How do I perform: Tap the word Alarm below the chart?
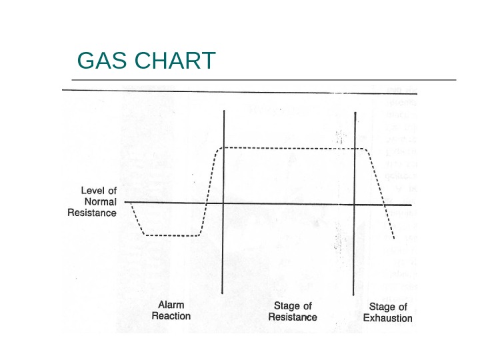point(171,305)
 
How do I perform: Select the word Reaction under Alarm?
point(171,316)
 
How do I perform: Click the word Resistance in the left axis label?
point(92,213)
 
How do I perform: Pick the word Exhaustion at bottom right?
point(387,318)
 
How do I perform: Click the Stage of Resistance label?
point(292,311)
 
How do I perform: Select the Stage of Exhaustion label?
point(387,312)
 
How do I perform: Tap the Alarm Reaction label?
point(171,311)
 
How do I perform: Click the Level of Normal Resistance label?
point(93,201)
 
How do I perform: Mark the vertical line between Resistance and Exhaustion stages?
point(354,260)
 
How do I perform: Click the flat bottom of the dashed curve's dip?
point(172,235)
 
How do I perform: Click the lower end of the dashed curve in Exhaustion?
point(394,237)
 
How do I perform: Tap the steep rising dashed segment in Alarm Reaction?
point(209,193)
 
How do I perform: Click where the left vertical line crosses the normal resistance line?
point(223,203)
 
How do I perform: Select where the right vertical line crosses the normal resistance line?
point(354,203)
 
